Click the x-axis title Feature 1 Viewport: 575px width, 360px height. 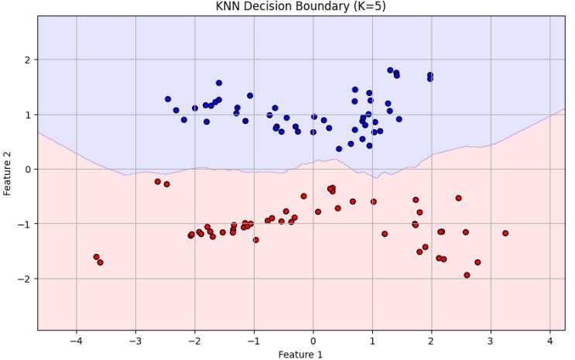tap(300, 355)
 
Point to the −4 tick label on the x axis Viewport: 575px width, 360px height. tap(75, 341)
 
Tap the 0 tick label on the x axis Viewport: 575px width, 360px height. tap(313, 341)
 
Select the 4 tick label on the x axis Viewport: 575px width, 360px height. tap(549, 341)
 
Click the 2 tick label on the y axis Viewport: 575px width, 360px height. tap(27, 60)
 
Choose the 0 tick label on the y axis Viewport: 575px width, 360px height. tap(27, 170)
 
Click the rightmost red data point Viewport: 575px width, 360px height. tap(505, 233)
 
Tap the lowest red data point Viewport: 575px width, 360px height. tap(467, 275)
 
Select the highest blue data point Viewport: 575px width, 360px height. tap(390, 70)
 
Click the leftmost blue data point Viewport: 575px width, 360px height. tap(168, 99)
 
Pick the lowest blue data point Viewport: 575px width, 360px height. tap(339, 149)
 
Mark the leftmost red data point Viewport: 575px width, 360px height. tap(96, 257)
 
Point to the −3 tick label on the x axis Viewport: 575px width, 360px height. tap(135, 341)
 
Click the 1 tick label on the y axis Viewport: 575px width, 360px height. tap(27, 115)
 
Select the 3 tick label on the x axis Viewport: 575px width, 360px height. tap(491, 341)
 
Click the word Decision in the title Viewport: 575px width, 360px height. tap(286, 7)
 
